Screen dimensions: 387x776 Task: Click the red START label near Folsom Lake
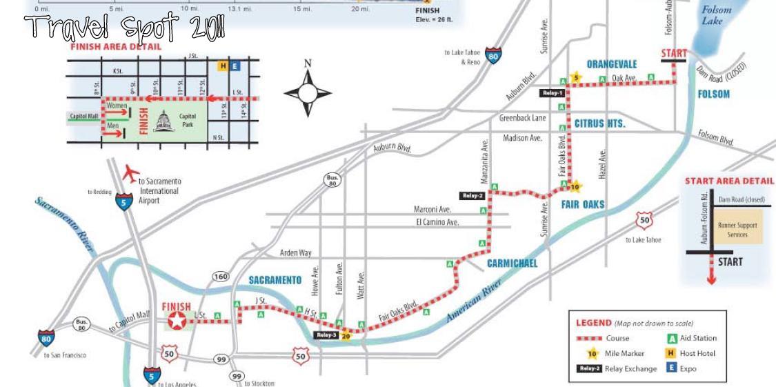tap(674, 53)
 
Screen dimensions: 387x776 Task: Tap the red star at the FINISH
tap(178, 320)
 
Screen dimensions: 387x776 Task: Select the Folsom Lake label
tap(716, 15)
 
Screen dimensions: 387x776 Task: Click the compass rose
tap(308, 91)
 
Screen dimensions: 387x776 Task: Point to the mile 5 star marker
tap(575, 77)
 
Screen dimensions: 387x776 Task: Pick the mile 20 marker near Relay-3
tap(346, 336)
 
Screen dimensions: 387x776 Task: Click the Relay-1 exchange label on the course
tap(553, 92)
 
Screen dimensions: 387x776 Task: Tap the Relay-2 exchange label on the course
tap(473, 196)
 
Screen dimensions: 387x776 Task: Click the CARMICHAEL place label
tap(512, 264)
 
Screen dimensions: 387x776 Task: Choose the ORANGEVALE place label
tap(612, 64)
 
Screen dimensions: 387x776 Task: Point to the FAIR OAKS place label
tap(583, 204)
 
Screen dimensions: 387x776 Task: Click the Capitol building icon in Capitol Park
tap(165, 121)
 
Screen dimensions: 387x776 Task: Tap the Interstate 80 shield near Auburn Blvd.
tap(493, 55)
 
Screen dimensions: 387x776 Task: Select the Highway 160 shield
tap(220, 277)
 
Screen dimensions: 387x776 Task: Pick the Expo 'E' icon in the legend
tap(671, 368)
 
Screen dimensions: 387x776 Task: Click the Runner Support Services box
tap(737, 230)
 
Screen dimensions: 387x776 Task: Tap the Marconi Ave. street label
tap(432, 209)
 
